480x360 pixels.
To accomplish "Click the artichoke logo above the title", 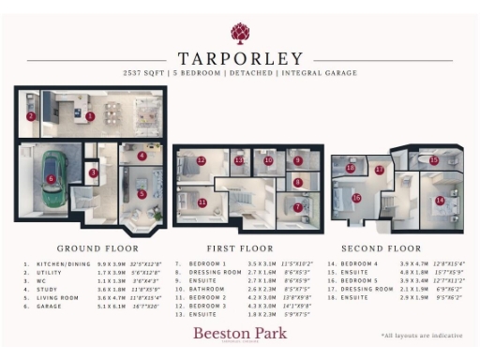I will [x=239, y=34].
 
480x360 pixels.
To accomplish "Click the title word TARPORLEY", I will [x=239, y=58].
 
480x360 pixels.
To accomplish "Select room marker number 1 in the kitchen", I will [x=90, y=116].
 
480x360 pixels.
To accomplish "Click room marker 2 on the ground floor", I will [x=31, y=116].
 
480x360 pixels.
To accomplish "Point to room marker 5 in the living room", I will [x=142, y=194].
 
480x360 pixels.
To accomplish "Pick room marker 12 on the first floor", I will [x=202, y=160].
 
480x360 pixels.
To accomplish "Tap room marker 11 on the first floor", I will [x=202, y=202].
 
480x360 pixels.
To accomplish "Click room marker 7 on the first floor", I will [x=298, y=207].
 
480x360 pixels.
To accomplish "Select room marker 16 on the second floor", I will [x=356, y=198].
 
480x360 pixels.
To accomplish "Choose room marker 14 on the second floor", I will [x=439, y=200].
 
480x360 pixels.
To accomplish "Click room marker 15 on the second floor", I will [x=433, y=160].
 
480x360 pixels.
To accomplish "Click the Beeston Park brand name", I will [x=239, y=332].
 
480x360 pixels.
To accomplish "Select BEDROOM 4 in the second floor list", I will [x=357, y=265].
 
